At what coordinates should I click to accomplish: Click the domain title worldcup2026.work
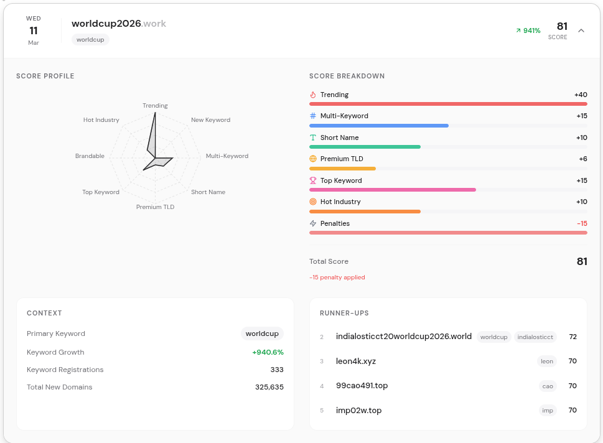[x=119, y=24]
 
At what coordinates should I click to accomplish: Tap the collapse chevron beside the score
[x=581, y=30]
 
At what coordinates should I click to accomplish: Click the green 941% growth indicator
[x=528, y=30]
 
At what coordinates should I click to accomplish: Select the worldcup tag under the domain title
[x=90, y=39]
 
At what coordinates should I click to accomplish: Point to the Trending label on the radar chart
[x=155, y=106]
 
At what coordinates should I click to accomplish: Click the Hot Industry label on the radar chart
[x=101, y=120]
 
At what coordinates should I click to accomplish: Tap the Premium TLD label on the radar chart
[x=155, y=207]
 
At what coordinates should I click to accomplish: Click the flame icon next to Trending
[x=313, y=95]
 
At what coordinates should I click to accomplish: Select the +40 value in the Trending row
[x=581, y=95]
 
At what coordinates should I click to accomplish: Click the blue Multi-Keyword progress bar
[x=379, y=126]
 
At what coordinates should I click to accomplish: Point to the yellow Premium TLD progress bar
[x=342, y=169]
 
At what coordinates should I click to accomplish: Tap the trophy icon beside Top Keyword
[x=313, y=180]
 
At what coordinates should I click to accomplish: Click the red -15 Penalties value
[x=582, y=223]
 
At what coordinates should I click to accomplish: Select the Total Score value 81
[x=582, y=261]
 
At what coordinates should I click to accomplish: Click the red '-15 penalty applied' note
[x=337, y=277]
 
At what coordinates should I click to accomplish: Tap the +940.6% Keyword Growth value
[x=268, y=352]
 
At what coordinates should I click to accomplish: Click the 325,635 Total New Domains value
[x=269, y=387]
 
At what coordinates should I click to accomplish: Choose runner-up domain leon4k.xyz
[x=356, y=361]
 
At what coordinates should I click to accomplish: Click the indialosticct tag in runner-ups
[x=535, y=337]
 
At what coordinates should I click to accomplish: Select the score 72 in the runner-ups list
[x=573, y=337]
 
